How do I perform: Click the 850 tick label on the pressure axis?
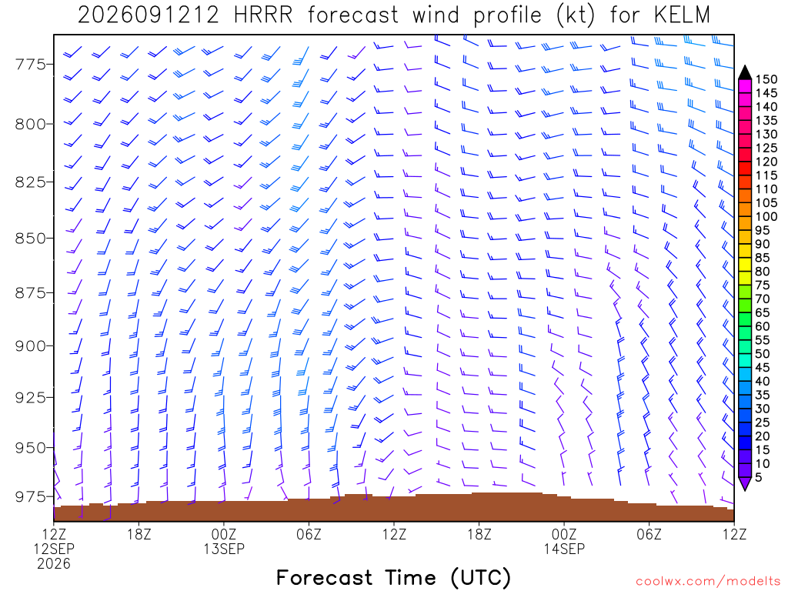pyautogui.click(x=31, y=239)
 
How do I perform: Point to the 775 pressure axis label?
pyautogui.click(x=31, y=65)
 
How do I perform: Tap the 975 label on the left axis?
pyautogui.click(x=31, y=496)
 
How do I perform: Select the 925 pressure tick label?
pyautogui.click(x=31, y=398)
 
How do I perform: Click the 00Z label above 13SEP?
pyautogui.click(x=224, y=534)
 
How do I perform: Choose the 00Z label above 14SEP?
pyautogui.click(x=564, y=534)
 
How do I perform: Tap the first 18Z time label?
pyautogui.click(x=139, y=534)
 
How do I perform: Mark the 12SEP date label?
pyautogui.click(x=54, y=549)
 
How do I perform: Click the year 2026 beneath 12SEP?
pyautogui.click(x=54, y=564)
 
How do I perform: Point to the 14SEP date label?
pyautogui.click(x=564, y=549)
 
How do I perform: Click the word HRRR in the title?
pyautogui.click(x=263, y=15)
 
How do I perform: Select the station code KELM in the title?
pyautogui.click(x=682, y=15)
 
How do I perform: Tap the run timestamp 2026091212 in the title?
pyautogui.click(x=149, y=15)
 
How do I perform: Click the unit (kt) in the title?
pyautogui.click(x=575, y=15)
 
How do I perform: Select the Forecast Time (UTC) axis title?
pyautogui.click(x=393, y=577)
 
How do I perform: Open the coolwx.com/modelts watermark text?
pyautogui.click(x=708, y=582)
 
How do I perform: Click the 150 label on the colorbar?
pyautogui.click(x=766, y=79)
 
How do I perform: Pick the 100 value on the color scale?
pyautogui.click(x=766, y=216)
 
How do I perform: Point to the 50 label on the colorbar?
pyautogui.click(x=763, y=354)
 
